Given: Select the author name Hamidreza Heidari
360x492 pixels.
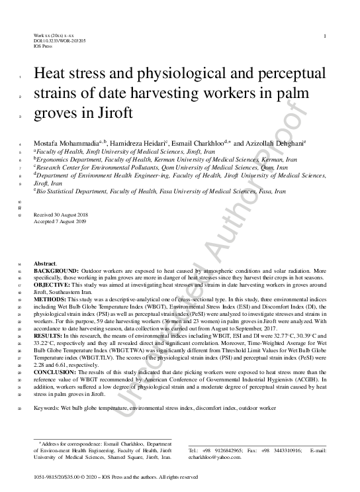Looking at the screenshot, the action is click(x=136, y=143).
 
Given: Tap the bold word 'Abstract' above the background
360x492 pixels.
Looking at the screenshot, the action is click(x=46, y=264).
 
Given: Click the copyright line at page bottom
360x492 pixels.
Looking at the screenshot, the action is click(x=116, y=477).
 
